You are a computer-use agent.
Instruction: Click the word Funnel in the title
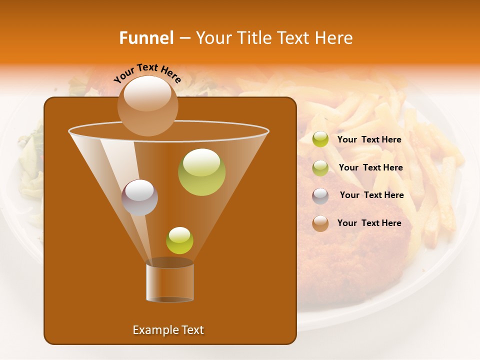click(x=146, y=38)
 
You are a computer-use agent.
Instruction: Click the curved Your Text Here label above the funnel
click(x=147, y=73)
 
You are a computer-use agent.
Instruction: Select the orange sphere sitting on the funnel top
click(x=147, y=105)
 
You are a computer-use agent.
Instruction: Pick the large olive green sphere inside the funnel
click(x=201, y=171)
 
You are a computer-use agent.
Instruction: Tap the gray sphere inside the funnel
click(x=139, y=197)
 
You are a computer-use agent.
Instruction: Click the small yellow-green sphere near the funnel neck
click(x=179, y=240)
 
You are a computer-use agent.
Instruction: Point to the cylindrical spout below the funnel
click(x=170, y=282)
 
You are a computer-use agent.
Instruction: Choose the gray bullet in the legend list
click(x=320, y=195)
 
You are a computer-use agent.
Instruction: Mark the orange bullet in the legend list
click(x=320, y=223)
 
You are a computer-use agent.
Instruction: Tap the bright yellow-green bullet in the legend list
click(x=320, y=139)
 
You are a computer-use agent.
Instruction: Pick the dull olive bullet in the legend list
click(x=320, y=167)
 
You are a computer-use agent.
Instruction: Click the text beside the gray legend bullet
click(x=371, y=195)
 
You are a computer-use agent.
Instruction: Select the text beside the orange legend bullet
click(x=369, y=223)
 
